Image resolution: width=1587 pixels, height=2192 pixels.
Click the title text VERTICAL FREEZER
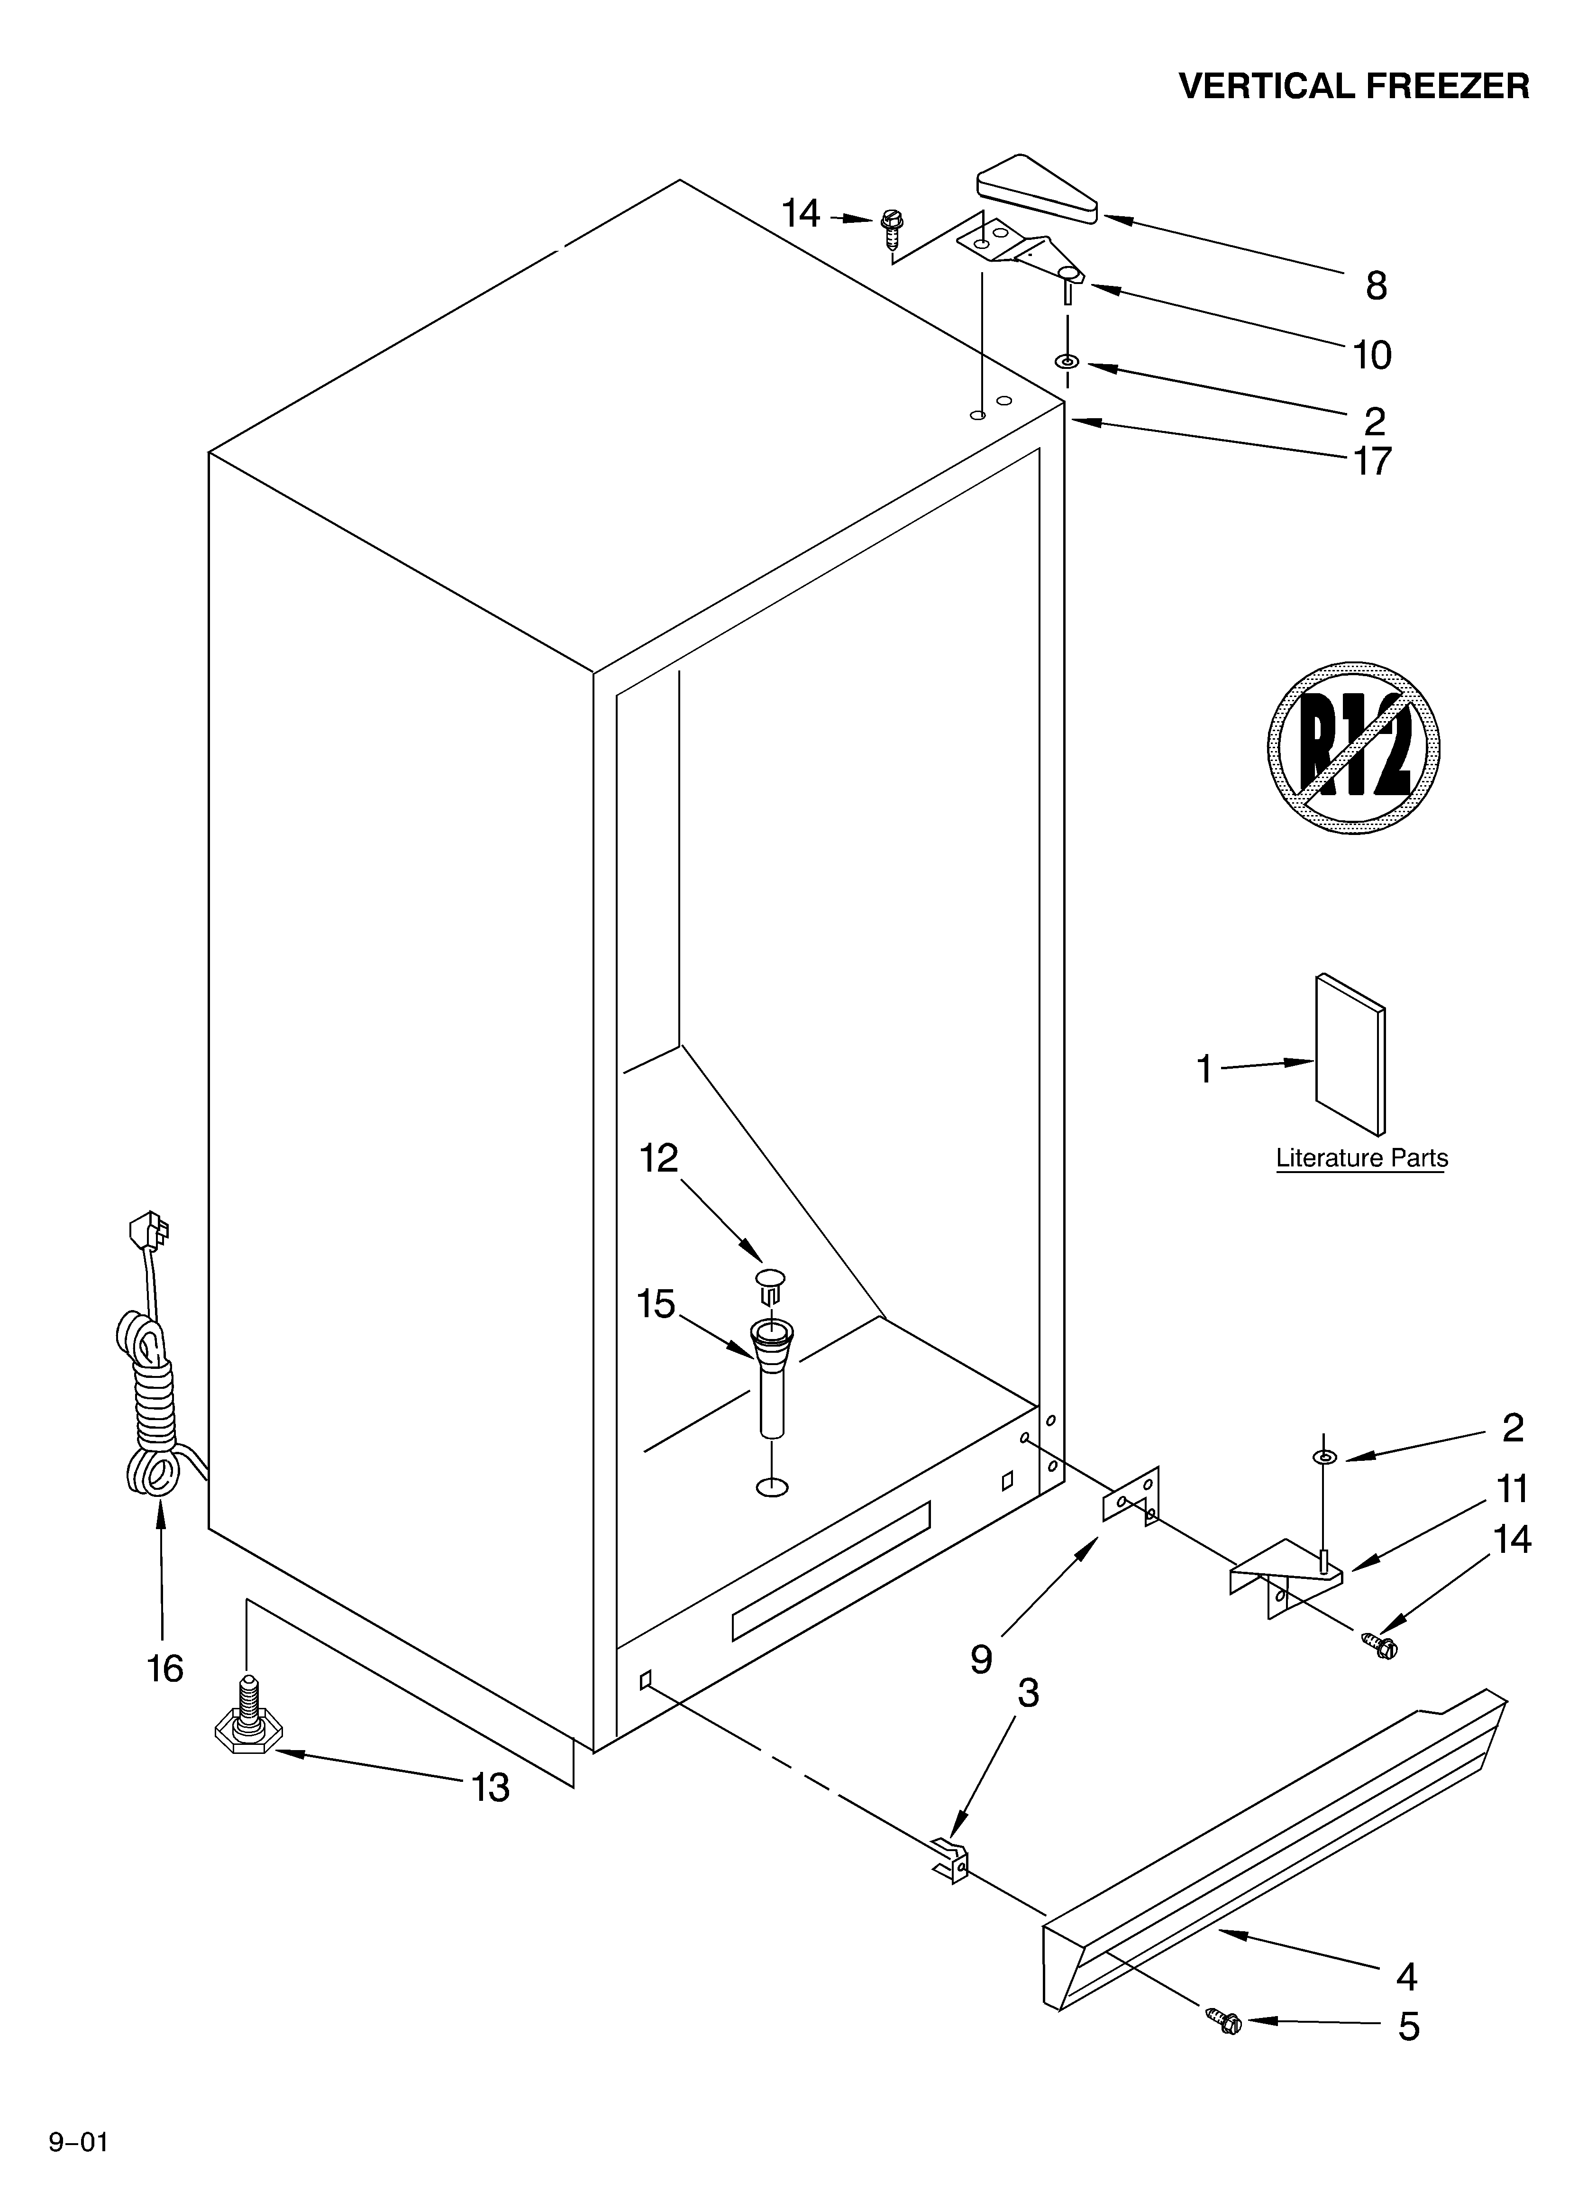click(x=1353, y=87)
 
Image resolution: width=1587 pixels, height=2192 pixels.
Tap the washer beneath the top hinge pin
click(x=1066, y=361)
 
